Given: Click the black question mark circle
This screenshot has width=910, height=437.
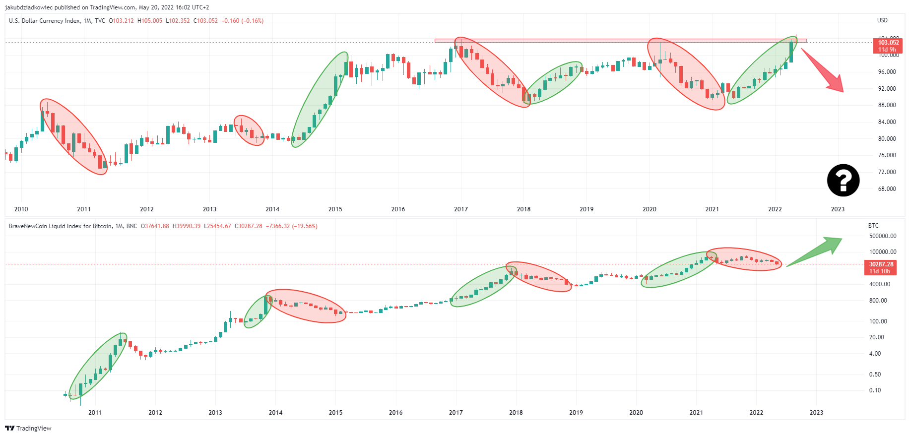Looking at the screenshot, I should [843, 180].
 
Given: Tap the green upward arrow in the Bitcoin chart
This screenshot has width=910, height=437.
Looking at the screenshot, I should [815, 252].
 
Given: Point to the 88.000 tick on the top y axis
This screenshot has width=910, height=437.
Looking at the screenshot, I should [887, 105].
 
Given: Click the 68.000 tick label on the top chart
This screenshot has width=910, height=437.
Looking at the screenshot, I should [887, 189].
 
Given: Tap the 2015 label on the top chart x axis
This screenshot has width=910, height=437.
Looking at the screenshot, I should [335, 209].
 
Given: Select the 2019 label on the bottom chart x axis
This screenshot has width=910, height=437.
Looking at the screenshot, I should [576, 413].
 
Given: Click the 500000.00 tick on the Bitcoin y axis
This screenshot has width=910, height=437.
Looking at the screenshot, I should [883, 236].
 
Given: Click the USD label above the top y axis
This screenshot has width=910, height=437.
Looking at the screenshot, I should [882, 20].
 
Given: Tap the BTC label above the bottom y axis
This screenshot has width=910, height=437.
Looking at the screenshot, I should [873, 226].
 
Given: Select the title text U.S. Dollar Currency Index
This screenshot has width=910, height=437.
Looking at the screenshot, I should [44, 21].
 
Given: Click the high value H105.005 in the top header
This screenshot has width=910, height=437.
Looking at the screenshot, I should [150, 21].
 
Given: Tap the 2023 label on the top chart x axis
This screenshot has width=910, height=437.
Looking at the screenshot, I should [838, 209].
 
